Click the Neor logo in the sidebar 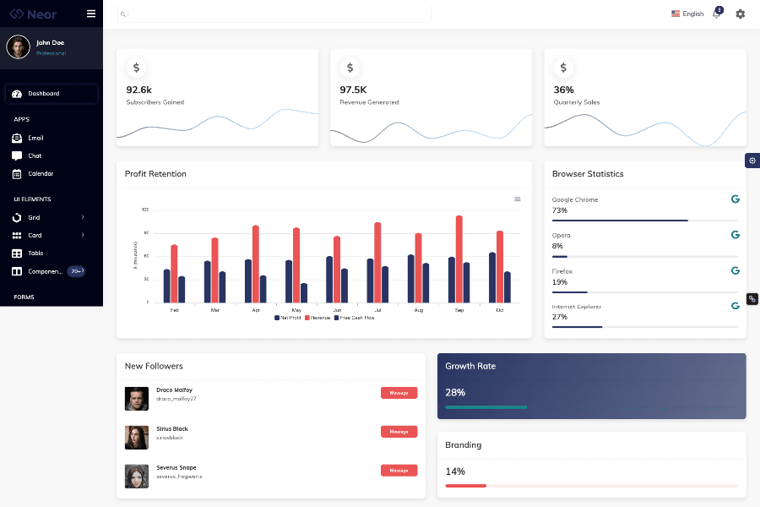tap(34, 14)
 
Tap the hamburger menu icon tap(91, 14)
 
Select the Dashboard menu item tap(43, 94)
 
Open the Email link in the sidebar tap(35, 138)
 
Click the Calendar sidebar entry tap(40, 173)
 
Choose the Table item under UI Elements tap(35, 253)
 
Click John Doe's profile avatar tap(19, 47)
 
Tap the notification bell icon tap(716, 14)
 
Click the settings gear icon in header tap(741, 14)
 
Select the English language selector tap(687, 14)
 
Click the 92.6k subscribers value tap(138, 90)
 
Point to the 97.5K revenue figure tap(353, 90)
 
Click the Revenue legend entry tap(318, 318)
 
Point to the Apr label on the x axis tap(256, 310)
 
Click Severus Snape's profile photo tap(137, 476)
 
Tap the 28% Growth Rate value tap(455, 393)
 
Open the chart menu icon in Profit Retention tap(518, 199)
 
